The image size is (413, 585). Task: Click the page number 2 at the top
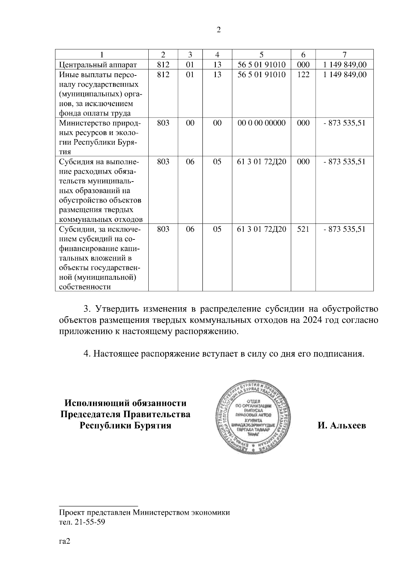click(218, 30)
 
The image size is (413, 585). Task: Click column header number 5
click(262, 54)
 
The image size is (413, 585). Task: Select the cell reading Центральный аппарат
click(98, 65)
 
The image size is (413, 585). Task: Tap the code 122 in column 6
click(303, 75)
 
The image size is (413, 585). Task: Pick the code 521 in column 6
click(303, 229)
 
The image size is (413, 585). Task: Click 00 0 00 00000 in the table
click(262, 123)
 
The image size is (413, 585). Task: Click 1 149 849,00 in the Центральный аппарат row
click(345, 65)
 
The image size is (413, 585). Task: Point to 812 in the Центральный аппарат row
click(163, 65)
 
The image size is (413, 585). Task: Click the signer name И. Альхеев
click(342, 426)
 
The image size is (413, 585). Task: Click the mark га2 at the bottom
click(65, 542)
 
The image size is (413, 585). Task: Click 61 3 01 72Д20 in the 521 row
click(262, 229)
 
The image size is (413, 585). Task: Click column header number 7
click(345, 54)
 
